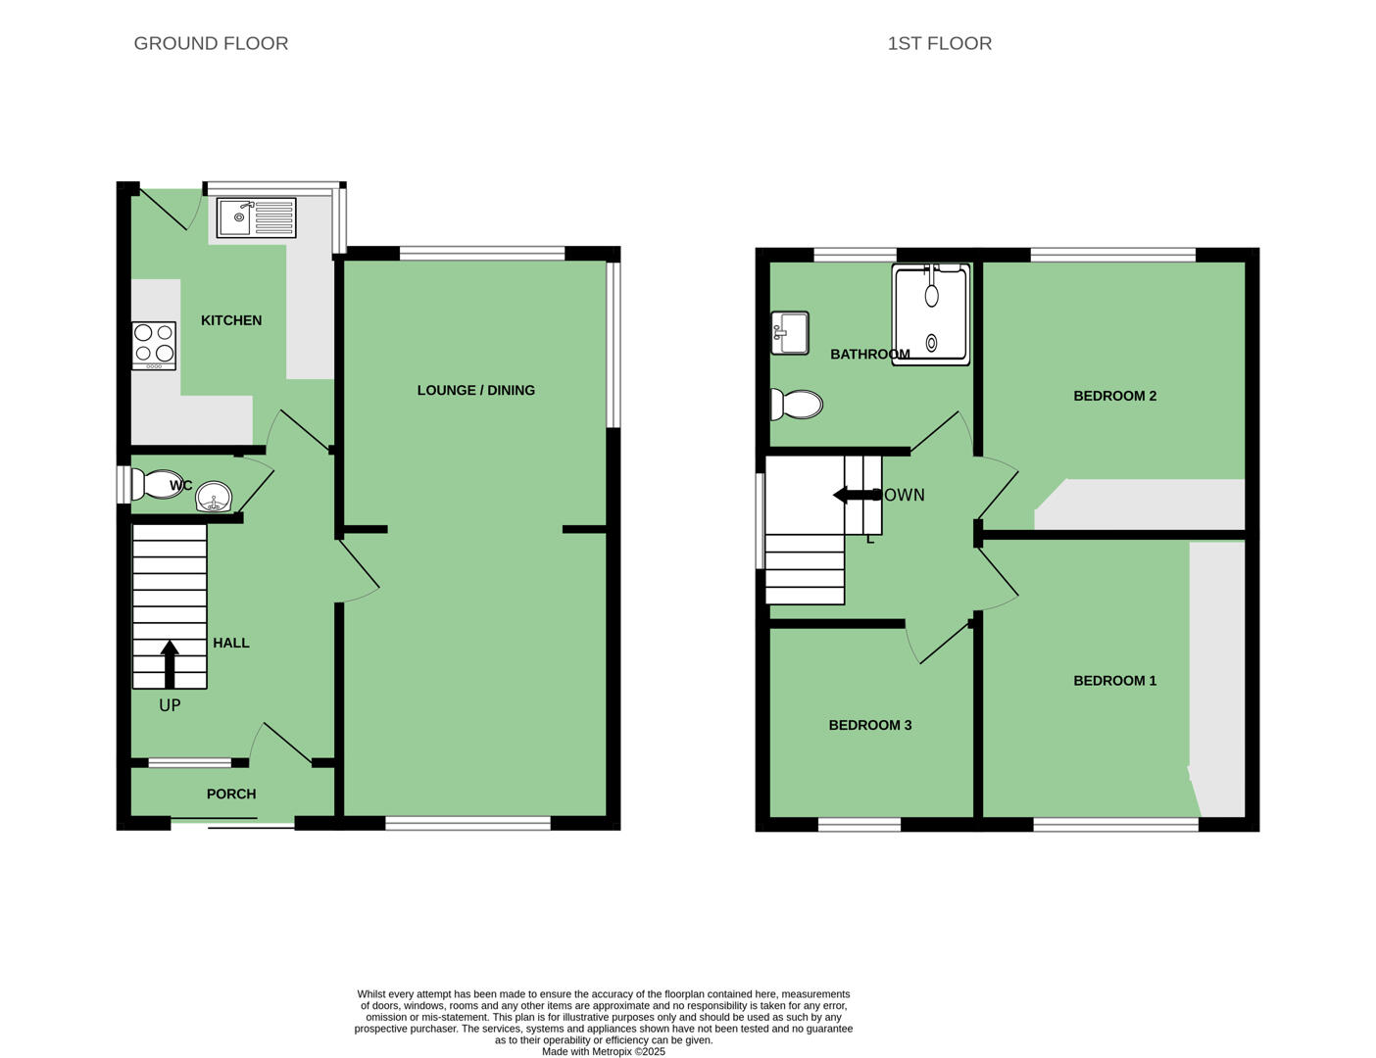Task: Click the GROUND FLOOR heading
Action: pyautogui.click(x=211, y=43)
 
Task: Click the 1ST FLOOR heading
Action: pyautogui.click(x=939, y=43)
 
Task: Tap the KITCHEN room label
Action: pyautogui.click(x=231, y=320)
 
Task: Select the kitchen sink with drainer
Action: pyautogui.click(x=257, y=217)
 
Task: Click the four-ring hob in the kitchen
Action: pyautogui.click(x=154, y=346)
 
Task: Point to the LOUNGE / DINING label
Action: pyautogui.click(x=475, y=391)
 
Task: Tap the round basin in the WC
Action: pyautogui.click(x=214, y=497)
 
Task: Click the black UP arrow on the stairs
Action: pyautogui.click(x=170, y=664)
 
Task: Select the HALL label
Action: pyautogui.click(x=231, y=643)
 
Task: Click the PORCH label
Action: pyautogui.click(x=231, y=793)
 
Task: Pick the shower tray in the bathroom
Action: pyautogui.click(x=931, y=314)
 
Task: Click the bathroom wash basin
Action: pyautogui.click(x=790, y=333)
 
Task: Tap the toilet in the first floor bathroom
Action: pyautogui.click(x=796, y=405)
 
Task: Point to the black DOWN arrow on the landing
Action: pyautogui.click(x=858, y=495)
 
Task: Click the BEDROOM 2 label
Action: pyautogui.click(x=1115, y=396)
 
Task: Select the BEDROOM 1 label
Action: pyautogui.click(x=1115, y=681)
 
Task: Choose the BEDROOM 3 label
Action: pyautogui.click(x=870, y=725)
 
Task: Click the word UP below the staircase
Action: pyautogui.click(x=170, y=705)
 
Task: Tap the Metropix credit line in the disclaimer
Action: pyautogui.click(x=604, y=1052)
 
